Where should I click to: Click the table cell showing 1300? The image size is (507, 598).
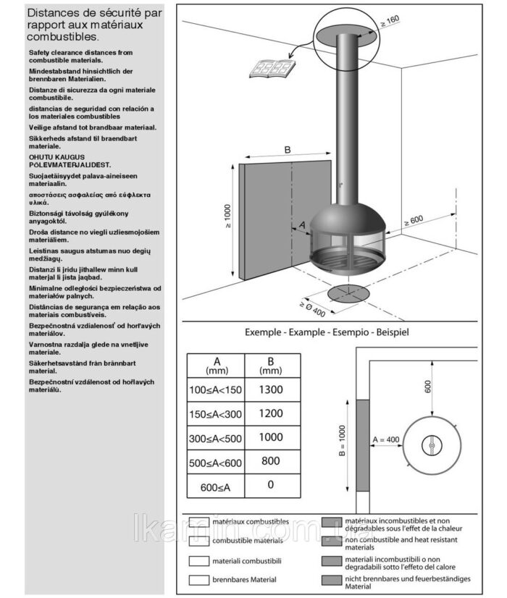[270, 389]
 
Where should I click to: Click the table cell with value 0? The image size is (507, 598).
[270, 484]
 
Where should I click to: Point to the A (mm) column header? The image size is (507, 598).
[216, 365]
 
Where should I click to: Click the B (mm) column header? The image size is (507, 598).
[270, 365]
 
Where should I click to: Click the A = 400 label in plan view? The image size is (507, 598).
[386, 439]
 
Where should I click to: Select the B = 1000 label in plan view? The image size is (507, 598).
[343, 442]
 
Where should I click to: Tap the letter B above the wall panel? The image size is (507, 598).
[287, 150]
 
